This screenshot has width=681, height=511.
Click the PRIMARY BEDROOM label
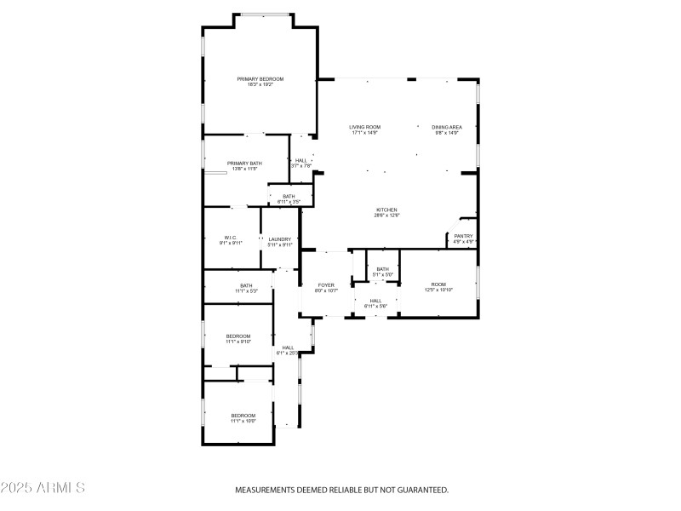click(260, 78)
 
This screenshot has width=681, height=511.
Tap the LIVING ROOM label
click(364, 127)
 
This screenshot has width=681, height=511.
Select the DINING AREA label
click(446, 127)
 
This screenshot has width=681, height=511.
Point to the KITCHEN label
click(387, 210)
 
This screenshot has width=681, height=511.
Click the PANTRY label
click(463, 236)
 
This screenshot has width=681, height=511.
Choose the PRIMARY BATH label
click(244, 163)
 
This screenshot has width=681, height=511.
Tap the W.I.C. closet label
click(231, 238)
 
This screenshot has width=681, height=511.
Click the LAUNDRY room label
click(280, 239)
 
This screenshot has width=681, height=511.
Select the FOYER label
click(326, 284)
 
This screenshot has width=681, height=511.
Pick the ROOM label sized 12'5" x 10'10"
click(438, 284)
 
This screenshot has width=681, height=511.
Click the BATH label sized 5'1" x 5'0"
click(382, 269)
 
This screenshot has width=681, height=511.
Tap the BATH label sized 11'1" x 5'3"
click(246, 285)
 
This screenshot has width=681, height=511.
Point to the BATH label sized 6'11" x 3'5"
click(289, 197)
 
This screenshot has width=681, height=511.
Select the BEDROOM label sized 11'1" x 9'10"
click(238, 336)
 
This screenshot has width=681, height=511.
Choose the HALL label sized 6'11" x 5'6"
click(375, 301)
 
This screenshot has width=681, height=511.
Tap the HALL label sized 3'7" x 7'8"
click(301, 160)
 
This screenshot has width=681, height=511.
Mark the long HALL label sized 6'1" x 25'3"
click(289, 347)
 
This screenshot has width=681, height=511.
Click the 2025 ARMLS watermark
click(43, 488)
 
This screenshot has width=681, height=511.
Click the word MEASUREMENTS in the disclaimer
click(265, 490)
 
